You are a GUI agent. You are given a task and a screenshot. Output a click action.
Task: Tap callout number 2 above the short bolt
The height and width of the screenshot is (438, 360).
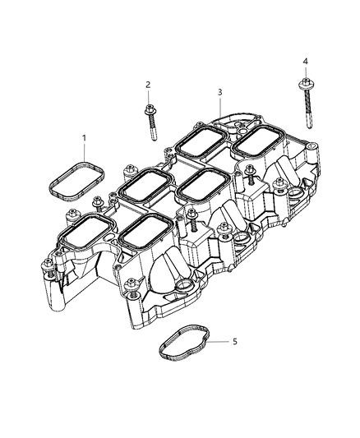[148, 85]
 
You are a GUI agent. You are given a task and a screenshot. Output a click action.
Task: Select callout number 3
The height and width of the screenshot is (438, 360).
[219, 93]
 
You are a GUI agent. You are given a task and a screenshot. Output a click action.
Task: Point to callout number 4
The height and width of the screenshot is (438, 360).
[305, 62]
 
